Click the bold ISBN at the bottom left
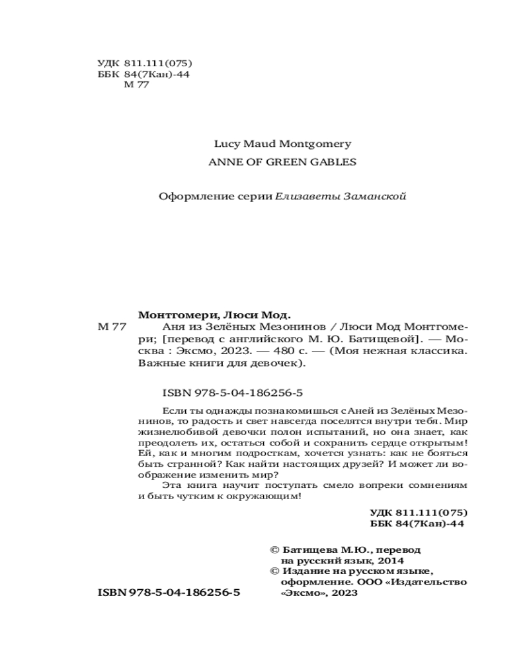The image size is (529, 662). coord(169,593)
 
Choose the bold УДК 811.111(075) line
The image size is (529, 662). coord(419,512)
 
